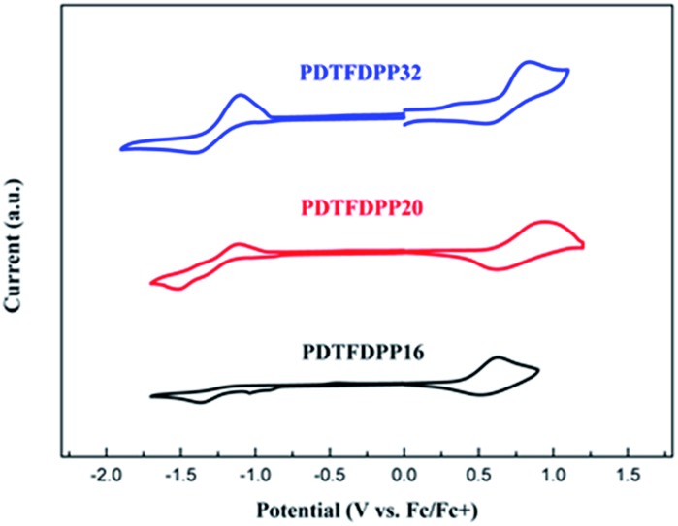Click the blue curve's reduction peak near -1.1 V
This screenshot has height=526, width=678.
click(241, 95)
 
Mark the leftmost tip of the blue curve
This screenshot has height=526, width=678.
click(120, 149)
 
